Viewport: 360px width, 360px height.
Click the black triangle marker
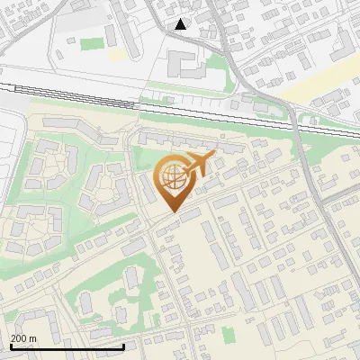(181, 24)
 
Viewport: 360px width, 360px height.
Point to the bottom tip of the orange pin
(173, 213)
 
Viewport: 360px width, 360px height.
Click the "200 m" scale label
(23, 338)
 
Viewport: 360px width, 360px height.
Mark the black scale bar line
(67, 346)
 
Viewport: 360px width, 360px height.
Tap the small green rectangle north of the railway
(91, 43)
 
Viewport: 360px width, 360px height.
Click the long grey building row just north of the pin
(180, 144)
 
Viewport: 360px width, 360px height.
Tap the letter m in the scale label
(33, 338)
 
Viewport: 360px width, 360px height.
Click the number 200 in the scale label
(19, 338)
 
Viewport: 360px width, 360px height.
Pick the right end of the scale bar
(123, 346)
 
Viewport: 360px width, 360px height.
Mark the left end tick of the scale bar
(11, 345)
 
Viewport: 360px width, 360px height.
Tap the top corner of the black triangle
(181, 19)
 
